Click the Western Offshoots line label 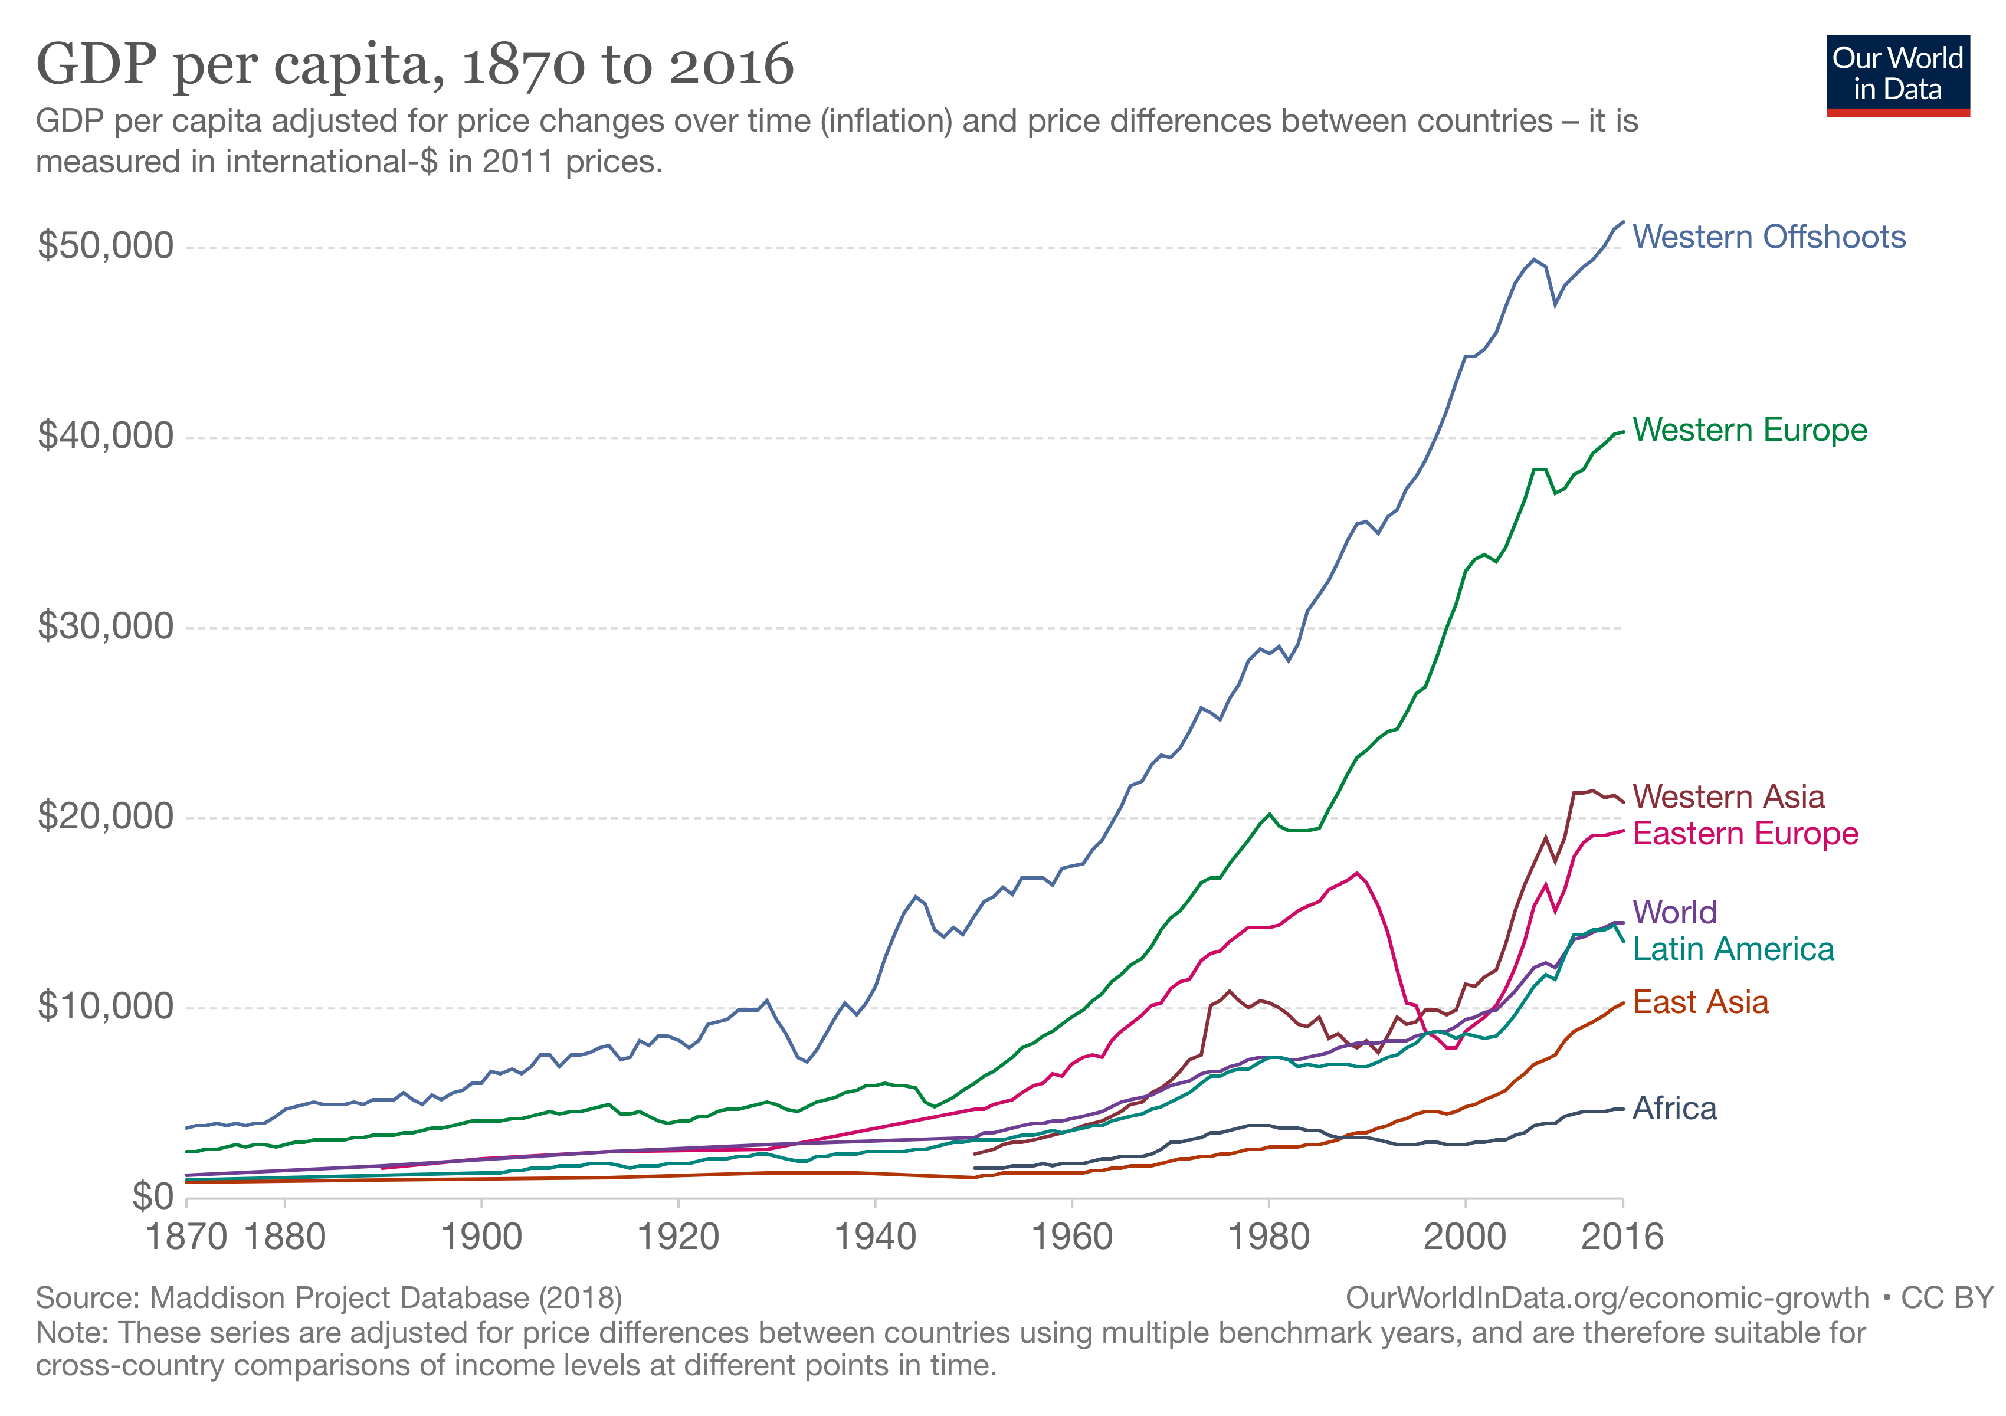pos(1768,237)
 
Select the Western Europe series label pos(1749,430)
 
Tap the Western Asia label pos(1728,796)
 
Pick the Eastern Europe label pos(1745,833)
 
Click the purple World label pos(1674,912)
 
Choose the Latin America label pos(1732,949)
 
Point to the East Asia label pos(1700,1002)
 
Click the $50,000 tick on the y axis pos(106,245)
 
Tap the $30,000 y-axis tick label pos(106,627)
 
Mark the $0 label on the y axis pos(153,1197)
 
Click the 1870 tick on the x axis pos(186,1237)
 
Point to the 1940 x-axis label pos(876,1237)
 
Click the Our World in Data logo pos(1897,75)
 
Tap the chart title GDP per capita pos(415,65)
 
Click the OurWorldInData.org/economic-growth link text pos(1607,1298)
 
